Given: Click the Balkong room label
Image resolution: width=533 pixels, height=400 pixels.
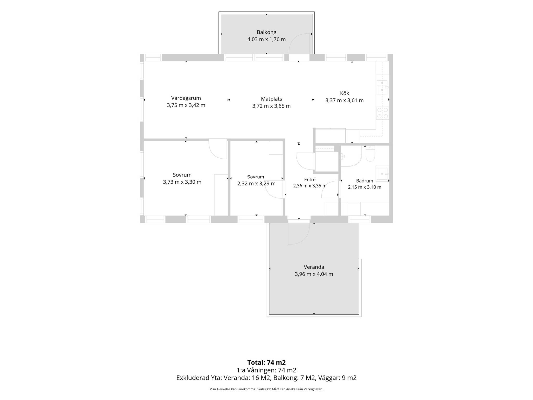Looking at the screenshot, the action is click(x=266, y=32).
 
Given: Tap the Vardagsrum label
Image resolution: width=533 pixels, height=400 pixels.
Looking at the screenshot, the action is click(x=186, y=98).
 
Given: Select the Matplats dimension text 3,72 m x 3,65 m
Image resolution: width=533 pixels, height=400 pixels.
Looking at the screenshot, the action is click(x=271, y=106).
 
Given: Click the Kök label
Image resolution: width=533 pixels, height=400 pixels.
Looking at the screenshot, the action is click(x=345, y=93).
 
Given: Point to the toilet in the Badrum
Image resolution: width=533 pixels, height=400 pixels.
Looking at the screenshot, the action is click(x=370, y=154).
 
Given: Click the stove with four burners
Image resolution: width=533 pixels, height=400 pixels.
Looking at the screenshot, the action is click(x=383, y=113).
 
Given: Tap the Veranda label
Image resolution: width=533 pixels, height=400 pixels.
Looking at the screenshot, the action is click(x=314, y=267).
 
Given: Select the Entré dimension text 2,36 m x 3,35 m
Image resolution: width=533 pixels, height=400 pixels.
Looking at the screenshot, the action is click(x=310, y=186).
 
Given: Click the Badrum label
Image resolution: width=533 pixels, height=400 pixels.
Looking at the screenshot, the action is click(x=365, y=181).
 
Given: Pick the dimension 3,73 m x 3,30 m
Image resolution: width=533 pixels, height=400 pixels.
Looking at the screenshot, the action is click(x=182, y=182).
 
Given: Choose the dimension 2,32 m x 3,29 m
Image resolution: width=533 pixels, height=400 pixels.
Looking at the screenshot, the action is click(x=256, y=184).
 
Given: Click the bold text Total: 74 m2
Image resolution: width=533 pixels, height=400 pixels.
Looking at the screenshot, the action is click(x=266, y=362).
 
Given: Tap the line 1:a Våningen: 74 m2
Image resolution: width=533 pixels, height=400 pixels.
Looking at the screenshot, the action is click(x=266, y=370).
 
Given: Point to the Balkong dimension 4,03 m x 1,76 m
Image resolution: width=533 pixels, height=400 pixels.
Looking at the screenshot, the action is click(x=266, y=39).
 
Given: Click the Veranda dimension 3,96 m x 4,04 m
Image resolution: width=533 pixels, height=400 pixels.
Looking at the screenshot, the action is click(x=314, y=274).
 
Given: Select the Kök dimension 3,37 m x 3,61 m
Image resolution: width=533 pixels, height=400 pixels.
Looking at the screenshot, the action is click(x=345, y=100).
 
